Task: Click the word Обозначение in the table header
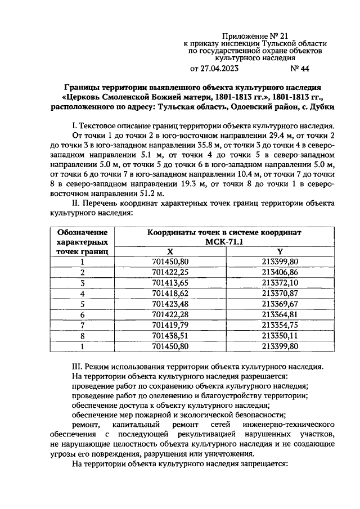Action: [82, 232]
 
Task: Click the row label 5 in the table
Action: [82, 304]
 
